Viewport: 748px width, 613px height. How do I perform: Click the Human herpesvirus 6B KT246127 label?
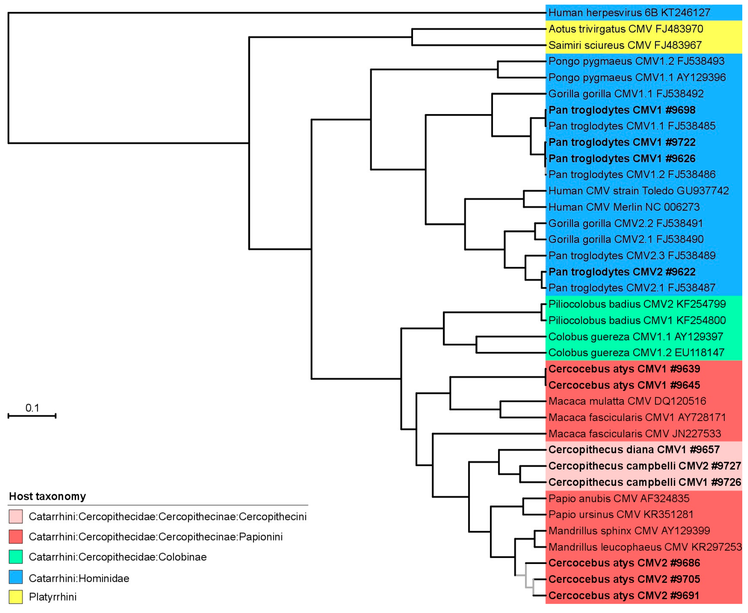coord(629,13)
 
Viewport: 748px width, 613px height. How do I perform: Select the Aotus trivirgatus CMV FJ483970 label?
coord(625,29)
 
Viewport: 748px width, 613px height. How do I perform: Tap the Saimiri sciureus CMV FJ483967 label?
coord(625,45)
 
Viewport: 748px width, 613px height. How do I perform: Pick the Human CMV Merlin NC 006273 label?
coord(624,207)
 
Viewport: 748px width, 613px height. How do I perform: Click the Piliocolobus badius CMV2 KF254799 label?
coord(637,304)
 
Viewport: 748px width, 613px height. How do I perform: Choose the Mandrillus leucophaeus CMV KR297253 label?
coord(645,547)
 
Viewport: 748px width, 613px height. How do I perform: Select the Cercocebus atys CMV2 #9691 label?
coord(624,596)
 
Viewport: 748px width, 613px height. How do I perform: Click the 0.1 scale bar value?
coord(32,408)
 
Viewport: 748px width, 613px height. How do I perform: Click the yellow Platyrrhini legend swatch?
coord(16,597)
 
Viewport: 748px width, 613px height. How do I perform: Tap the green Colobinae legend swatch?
coord(16,557)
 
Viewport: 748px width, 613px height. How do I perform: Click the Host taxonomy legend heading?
coord(47,496)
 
